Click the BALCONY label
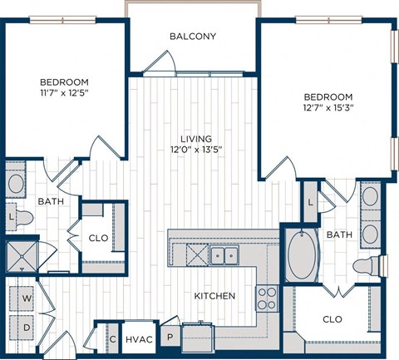coord(193,36)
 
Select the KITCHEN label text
coord(215,296)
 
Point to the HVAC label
coord(138,339)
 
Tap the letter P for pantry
coord(170,338)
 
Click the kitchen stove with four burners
coord(267,297)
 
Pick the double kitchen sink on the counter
coord(222,254)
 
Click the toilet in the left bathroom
coord(22,219)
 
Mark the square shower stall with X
coord(17,255)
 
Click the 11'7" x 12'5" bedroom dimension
coord(64,94)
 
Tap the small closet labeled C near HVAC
coord(111,338)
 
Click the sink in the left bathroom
coord(16,182)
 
